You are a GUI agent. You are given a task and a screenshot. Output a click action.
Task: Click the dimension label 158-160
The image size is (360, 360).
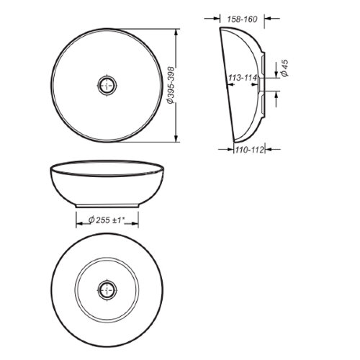click(x=242, y=19)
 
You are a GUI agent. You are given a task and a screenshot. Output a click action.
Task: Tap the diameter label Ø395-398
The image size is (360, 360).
click(x=170, y=85)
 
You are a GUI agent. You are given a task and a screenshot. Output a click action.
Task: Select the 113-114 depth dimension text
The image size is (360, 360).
click(x=243, y=78)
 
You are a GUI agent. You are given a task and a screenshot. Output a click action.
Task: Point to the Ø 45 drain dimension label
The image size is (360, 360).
click(x=285, y=68)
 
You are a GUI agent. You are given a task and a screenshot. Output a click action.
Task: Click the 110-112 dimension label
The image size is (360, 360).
click(x=249, y=150)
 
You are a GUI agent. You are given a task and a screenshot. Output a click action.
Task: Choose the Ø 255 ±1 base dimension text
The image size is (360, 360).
click(x=107, y=220)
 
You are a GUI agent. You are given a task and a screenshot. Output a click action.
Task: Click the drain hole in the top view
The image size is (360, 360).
click(x=107, y=85)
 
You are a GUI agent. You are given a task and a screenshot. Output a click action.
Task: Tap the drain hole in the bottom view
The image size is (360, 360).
click(x=107, y=290)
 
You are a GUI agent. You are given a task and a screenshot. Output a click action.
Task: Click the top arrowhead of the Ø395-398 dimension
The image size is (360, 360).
click(x=176, y=32)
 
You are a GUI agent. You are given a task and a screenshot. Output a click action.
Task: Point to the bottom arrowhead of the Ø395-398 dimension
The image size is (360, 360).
click(x=176, y=138)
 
